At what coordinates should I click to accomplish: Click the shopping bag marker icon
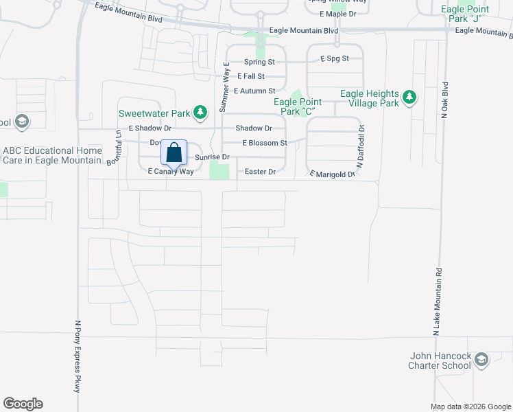tap(174, 152)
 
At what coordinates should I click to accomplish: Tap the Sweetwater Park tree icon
tap(200, 111)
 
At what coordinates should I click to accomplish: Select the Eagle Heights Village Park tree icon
tap(409, 98)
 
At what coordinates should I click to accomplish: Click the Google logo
tap(23, 404)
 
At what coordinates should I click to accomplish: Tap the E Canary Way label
tap(171, 172)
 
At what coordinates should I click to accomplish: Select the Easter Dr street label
tap(260, 172)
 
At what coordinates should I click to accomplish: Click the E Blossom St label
tap(264, 143)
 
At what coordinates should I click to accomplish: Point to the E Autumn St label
tap(254, 91)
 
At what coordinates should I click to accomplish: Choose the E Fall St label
tap(251, 76)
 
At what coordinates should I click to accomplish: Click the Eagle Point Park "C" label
tap(299, 106)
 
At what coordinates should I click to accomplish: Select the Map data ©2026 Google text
tap(469, 407)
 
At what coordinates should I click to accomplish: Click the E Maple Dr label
tap(338, 14)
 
